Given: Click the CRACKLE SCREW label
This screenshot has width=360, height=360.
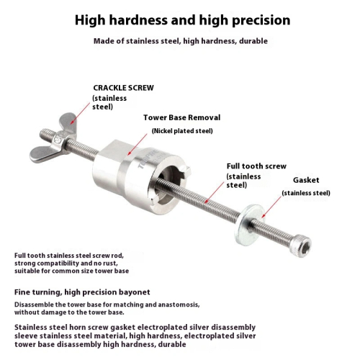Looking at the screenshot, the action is tap(123, 88).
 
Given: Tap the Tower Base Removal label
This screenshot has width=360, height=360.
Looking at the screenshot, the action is tap(181, 117).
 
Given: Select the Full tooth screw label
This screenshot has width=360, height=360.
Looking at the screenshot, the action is tap(256, 166).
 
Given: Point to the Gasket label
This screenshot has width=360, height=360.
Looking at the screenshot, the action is tap(306, 180).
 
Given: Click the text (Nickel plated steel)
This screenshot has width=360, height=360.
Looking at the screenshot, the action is tap(182, 131).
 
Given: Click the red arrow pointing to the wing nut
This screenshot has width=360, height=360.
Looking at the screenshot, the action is tap(80, 113).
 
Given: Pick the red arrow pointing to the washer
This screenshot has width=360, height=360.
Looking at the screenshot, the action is tap(271, 207).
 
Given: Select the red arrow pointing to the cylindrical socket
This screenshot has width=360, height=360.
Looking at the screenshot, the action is tap(138, 145).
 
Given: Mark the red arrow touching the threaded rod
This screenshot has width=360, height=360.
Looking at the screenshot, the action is tap(214, 192).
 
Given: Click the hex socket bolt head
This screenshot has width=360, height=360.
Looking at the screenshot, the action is tap(302, 246).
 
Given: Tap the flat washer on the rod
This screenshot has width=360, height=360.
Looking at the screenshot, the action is tap(249, 225).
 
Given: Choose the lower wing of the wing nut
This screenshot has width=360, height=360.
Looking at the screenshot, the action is tap(45, 155).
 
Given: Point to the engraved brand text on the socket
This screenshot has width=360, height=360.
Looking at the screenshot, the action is tap(148, 159).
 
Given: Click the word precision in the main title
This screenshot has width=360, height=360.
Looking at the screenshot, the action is tap(261, 20).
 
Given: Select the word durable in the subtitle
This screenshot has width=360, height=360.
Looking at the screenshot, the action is tap(253, 41).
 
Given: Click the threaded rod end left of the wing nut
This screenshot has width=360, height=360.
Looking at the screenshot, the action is tap(48, 134).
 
